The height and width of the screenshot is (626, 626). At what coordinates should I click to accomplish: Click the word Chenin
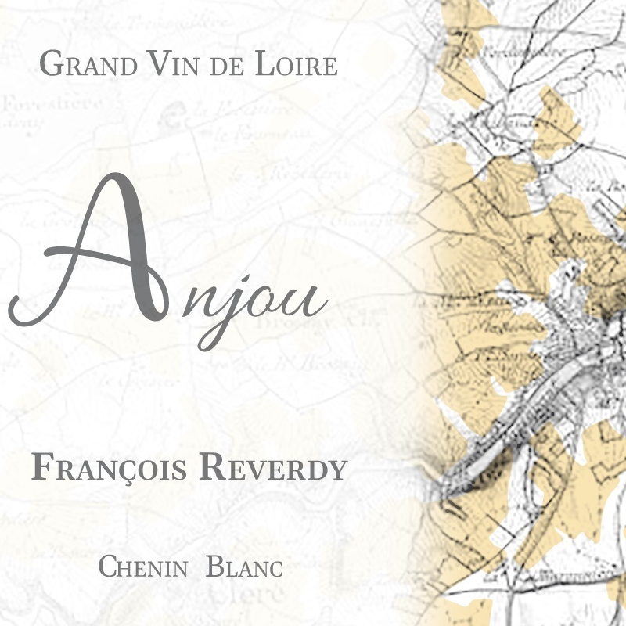(142, 567)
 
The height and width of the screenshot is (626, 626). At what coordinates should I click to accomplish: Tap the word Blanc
(244, 567)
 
